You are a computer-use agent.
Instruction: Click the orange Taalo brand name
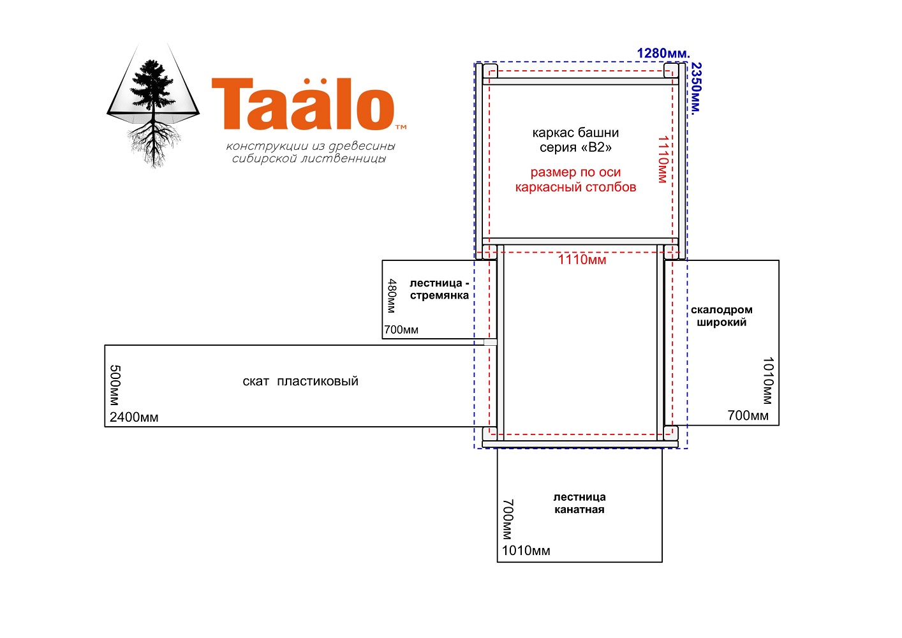coord(303,104)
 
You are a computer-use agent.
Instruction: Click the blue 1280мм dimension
coord(663,53)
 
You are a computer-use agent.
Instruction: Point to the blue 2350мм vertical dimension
coord(696,89)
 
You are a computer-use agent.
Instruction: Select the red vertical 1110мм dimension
coord(663,159)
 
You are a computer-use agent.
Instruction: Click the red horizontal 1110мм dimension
coord(582,260)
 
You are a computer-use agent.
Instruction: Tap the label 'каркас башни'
coord(575,133)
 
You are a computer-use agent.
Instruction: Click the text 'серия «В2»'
coord(575,147)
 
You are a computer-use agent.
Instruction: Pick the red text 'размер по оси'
coord(575,172)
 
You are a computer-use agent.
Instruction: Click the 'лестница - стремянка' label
coord(440,289)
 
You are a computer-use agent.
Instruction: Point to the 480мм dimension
coord(392,296)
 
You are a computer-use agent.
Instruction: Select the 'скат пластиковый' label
coord(300,381)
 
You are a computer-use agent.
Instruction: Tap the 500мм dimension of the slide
coord(115,385)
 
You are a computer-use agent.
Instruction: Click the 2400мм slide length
coord(134,417)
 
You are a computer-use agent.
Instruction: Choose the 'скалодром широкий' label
coord(721,316)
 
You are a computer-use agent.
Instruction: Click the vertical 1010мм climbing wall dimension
coord(768,381)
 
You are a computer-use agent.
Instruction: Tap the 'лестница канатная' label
coord(579,503)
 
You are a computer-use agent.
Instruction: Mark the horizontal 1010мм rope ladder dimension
coord(526,551)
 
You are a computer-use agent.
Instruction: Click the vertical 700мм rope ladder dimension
coord(508,519)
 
